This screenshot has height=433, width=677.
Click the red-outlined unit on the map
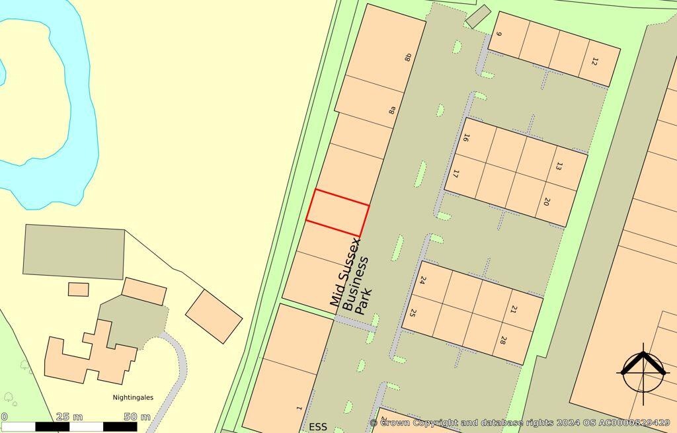338,212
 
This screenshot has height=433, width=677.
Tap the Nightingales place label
132,397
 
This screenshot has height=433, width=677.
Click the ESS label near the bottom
318,426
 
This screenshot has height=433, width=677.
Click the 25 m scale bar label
69,416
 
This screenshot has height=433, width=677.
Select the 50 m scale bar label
137,416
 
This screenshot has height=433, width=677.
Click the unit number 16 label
466,138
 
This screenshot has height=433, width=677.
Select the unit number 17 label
456,175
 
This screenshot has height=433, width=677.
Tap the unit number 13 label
559,167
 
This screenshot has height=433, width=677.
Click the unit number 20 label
547,202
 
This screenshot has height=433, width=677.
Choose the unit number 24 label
422,280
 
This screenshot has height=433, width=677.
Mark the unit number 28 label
503,341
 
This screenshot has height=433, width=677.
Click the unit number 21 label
514,309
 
